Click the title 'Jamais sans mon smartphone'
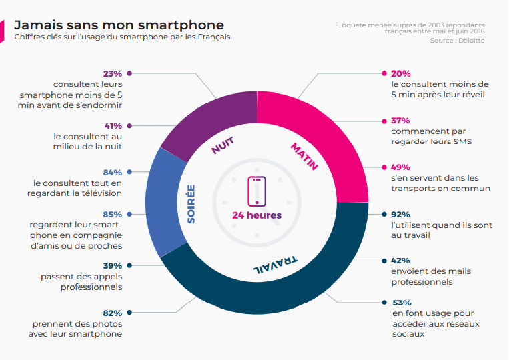pos(119,25)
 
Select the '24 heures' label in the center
pos(257,215)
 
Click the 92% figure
pos(400,215)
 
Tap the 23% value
pos(113,73)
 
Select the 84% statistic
pos(113,172)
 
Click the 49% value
pos(400,167)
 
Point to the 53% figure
pos(401,303)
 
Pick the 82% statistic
pos(113,313)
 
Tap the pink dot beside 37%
pos(384,121)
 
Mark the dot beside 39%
pos(129,265)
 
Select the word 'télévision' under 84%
pos(99,193)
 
